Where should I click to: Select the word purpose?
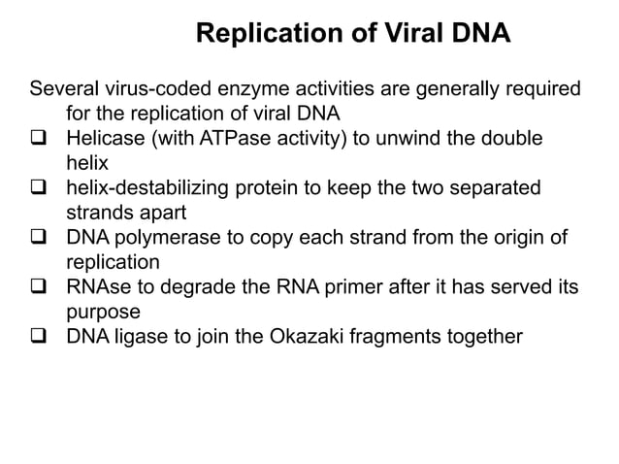[x=102, y=314]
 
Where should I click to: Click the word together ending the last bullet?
[x=480, y=338]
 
